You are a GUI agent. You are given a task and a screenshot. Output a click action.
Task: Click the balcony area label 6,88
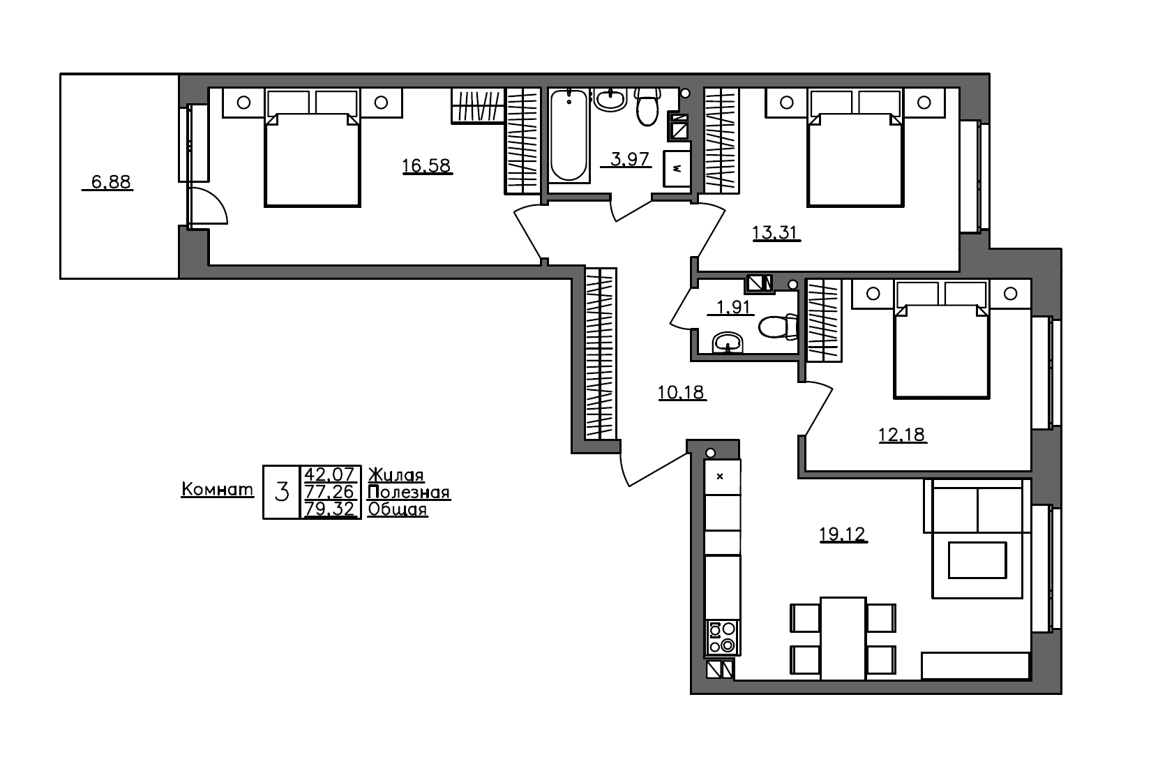coord(111,183)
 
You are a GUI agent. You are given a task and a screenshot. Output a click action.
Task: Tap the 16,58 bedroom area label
coord(426,166)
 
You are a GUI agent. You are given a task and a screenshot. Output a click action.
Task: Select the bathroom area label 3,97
coord(630,160)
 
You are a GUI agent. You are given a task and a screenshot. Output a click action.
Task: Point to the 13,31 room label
coord(775,232)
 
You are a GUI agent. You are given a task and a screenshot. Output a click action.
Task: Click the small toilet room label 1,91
coord(731,307)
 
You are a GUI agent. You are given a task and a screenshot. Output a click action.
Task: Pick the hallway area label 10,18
coord(682,393)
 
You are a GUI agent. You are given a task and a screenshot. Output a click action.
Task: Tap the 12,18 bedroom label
coord(901,435)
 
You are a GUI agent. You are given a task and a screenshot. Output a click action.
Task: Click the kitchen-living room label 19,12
coord(842,534)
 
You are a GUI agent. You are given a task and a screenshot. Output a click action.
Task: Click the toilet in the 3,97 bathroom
coord(648,107)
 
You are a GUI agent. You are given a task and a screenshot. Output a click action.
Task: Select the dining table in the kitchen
coord(843,638)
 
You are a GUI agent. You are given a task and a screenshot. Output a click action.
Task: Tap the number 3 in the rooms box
coord(282,493)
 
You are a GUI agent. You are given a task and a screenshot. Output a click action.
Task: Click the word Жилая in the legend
coord(396,475)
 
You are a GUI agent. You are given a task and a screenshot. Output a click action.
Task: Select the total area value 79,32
coord(331,509)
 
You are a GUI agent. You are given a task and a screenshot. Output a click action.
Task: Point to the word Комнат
coord(217,490)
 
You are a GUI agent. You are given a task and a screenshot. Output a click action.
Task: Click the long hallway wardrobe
coord(601,353)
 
